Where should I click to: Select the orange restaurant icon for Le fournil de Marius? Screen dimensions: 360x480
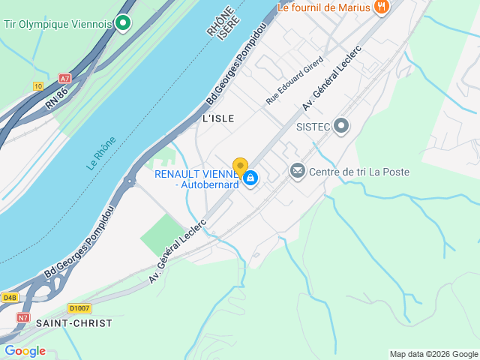[382, 7]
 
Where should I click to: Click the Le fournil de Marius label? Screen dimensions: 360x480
[324, 7]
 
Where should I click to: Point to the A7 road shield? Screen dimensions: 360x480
[64, 77]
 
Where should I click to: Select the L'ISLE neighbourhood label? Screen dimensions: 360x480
[218, 118]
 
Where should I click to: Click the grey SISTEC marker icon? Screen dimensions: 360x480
[342, 126]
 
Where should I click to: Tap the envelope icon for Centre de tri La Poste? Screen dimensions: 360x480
[298, 172]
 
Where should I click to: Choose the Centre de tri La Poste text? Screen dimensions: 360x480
[359, 172]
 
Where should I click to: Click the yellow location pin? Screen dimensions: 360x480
[240, 166]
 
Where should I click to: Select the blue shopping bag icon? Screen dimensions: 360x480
[250, 178]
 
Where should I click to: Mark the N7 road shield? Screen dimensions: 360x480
[23, 318]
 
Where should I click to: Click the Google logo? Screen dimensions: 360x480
[25, 351]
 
